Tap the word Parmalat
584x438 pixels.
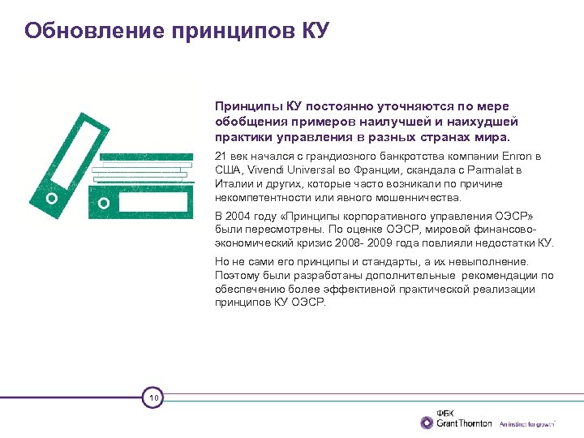498,170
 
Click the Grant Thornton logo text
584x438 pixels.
464,423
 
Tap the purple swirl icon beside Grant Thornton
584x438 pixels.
427,422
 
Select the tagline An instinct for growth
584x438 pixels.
526,423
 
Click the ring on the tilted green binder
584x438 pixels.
52,198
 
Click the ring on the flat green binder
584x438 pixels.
103,203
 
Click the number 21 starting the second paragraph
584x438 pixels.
221,156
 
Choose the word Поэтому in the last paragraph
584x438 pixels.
238,275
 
